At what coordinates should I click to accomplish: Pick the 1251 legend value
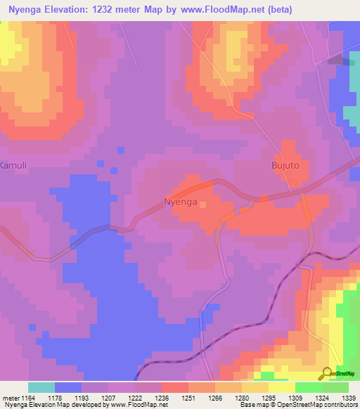188,398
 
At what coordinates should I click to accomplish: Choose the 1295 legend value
269,398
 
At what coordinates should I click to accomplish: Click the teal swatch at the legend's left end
41,387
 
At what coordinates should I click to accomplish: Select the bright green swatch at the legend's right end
335,387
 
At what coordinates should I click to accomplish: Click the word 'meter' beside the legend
11,398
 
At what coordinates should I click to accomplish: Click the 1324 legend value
321,398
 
